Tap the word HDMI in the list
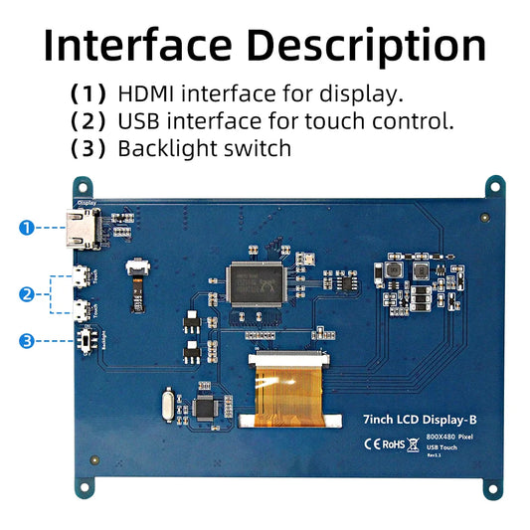146,94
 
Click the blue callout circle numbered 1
26,227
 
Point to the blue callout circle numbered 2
26,293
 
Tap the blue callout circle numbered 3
26,341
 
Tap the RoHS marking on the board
393,443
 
